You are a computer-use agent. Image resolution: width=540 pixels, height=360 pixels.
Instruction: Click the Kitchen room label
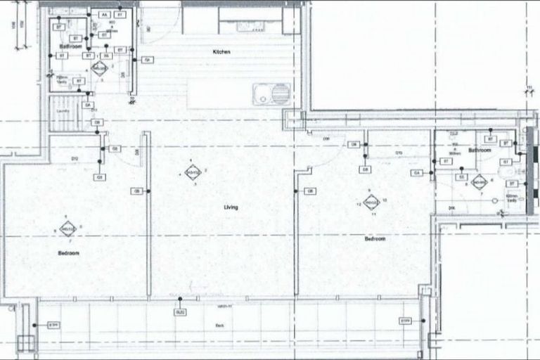[221, 52]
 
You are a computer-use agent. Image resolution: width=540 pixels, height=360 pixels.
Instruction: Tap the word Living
[231, 207]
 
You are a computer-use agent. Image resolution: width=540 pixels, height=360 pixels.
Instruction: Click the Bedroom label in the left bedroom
[69, 252]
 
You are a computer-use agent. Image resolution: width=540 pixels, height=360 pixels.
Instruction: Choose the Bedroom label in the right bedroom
[375, 239]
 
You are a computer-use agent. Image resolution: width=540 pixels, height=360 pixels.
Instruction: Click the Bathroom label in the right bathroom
[480, 150]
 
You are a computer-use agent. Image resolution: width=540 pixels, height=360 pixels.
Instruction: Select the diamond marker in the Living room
[192, 172]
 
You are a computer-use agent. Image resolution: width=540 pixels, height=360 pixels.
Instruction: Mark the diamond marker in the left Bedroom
[67, 229]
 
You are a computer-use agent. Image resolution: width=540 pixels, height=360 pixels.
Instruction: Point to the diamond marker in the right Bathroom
[480, 184]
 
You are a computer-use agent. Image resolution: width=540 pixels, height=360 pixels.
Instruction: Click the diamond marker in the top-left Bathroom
[98, 69]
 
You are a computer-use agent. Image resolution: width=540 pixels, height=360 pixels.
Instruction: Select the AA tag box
[105, 14]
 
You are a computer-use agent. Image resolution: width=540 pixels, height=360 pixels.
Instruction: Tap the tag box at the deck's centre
[181, 311]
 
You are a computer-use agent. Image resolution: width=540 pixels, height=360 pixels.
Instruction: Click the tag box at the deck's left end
[53, 325]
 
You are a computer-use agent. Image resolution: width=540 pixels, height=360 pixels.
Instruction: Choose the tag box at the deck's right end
[406, 321]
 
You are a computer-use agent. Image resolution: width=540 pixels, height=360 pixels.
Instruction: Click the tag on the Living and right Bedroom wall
[310, 191]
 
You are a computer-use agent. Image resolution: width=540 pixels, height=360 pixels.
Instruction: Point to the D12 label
[75, 159]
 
